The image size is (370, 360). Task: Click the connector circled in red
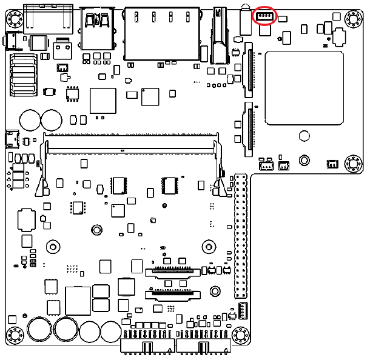point(266,16)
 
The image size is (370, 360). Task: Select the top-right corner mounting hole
point(352,19)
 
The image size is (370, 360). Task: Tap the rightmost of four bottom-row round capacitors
point(111,331)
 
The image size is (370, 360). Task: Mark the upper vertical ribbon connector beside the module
point(248,70)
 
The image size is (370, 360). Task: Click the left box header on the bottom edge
point(147,344)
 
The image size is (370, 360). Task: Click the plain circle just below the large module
point(304,160)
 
